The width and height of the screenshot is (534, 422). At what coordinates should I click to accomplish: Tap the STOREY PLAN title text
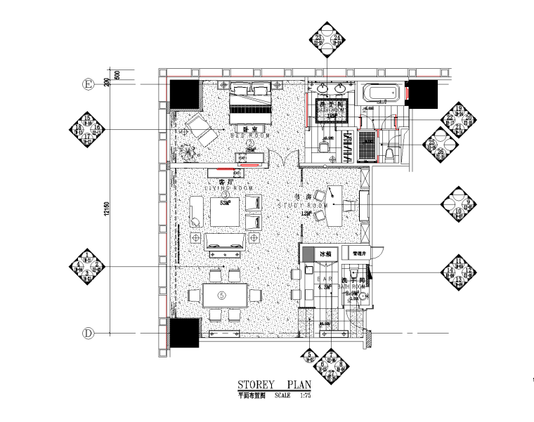point(273,385)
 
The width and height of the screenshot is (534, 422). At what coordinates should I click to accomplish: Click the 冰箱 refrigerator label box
point(325,253)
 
